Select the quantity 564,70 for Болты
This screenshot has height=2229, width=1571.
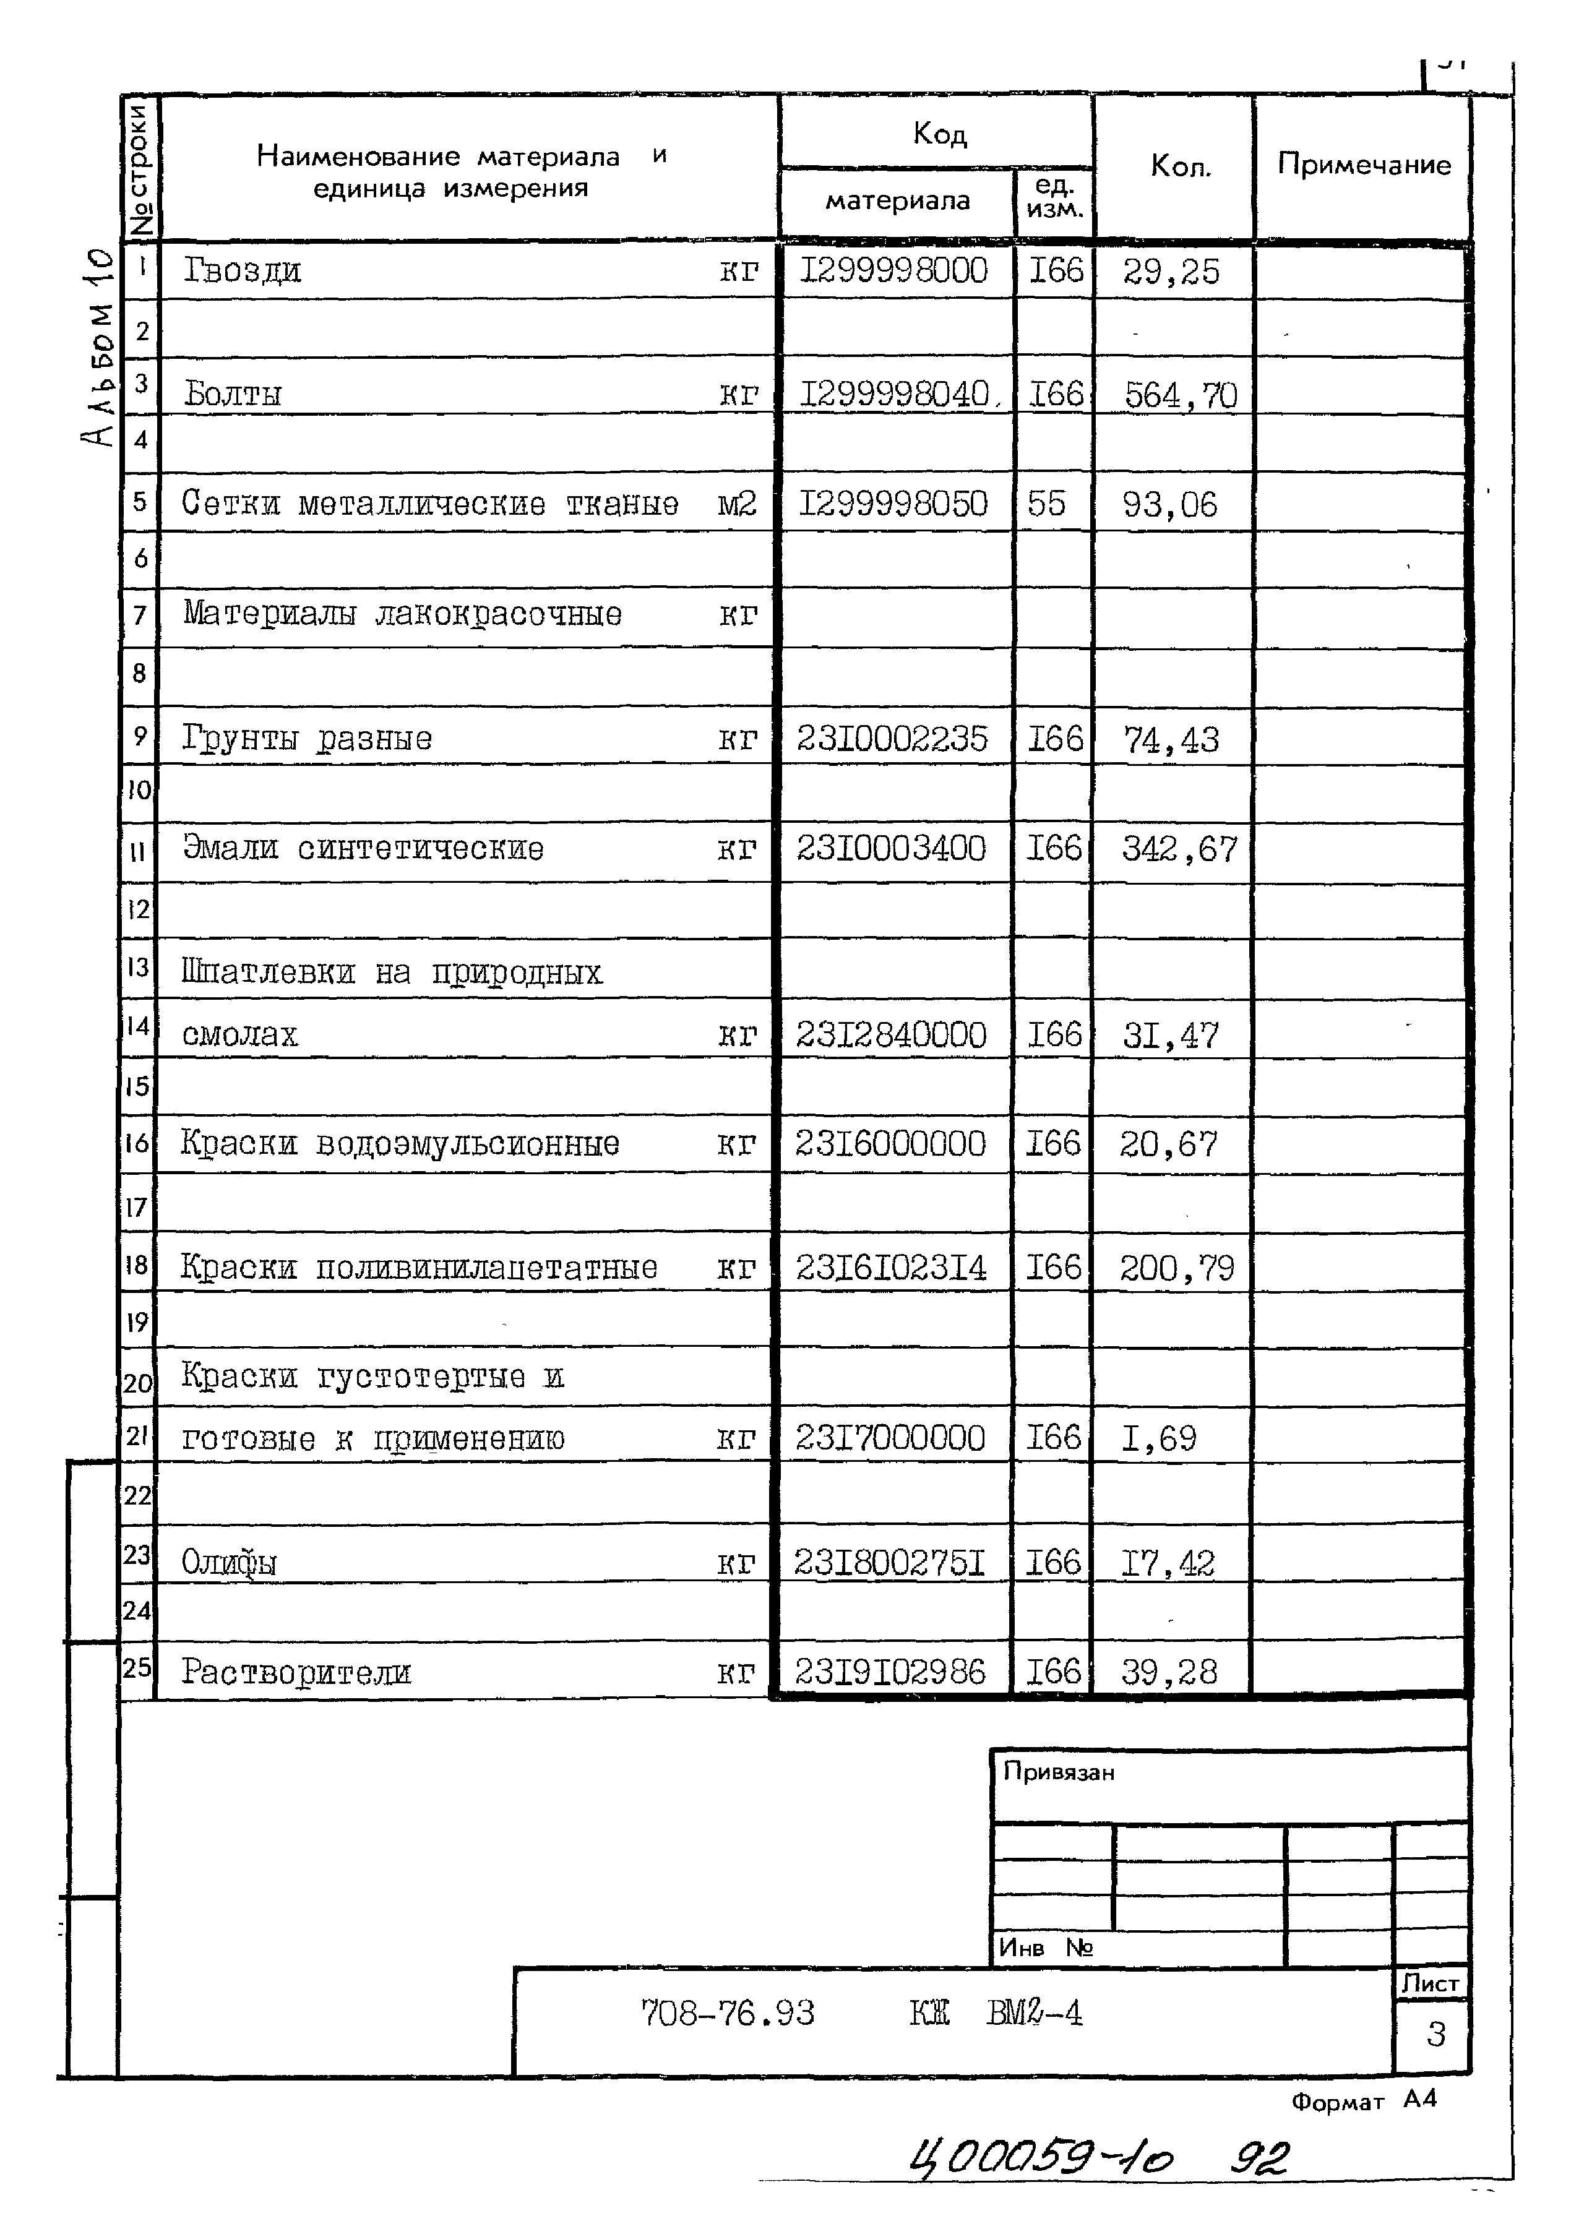[1180, 396]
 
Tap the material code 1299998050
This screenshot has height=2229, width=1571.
[892, 504]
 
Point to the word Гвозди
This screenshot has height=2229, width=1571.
[243, 271]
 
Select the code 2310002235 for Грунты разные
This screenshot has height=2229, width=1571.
[892, 740]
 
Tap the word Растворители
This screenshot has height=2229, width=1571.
[296, 1672]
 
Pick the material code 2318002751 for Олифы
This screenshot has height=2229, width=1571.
[889, 1563]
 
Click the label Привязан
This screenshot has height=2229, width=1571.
[1058, 1772]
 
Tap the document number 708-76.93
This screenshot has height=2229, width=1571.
[727, 2014]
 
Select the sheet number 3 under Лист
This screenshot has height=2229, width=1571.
[1435, 2034]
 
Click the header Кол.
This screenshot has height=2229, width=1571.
[1180, 167]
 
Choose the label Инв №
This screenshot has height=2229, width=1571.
[1044, 1948]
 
